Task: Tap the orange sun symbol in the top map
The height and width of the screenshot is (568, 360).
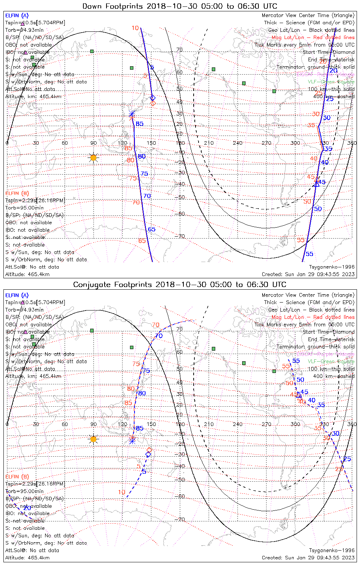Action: tap(94, 158)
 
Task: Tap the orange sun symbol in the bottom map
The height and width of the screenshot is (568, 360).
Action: tap(94, 439)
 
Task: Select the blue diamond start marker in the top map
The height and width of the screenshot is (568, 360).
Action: tap(153, 98)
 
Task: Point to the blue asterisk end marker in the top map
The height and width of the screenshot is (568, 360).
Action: tap(132, 114)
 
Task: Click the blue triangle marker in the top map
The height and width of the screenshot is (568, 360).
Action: tap(316, 184)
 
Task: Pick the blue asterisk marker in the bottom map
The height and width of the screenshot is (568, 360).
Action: tap(132, 440)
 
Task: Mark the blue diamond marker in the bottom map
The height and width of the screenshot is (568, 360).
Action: tap(149, 454)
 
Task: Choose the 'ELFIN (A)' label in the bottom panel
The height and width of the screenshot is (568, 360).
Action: tap(17, 295)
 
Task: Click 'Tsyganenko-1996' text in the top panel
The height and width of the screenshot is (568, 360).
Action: tap(332, 267)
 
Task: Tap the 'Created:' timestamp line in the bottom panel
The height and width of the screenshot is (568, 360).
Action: tap(308, 558)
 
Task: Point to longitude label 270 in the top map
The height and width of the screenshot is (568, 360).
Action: tap(266, 143)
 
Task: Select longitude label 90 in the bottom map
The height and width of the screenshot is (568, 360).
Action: tap(93, 424)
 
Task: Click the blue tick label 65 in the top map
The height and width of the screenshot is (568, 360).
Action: tap(152, 229)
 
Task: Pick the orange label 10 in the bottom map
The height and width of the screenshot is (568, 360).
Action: tap(121, 492)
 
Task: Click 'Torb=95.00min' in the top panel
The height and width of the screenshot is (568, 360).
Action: tap(24, 208)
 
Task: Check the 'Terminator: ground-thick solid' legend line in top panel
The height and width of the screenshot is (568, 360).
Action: tap(315, 67)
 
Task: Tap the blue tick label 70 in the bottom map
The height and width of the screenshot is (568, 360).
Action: tap(159, 336)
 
